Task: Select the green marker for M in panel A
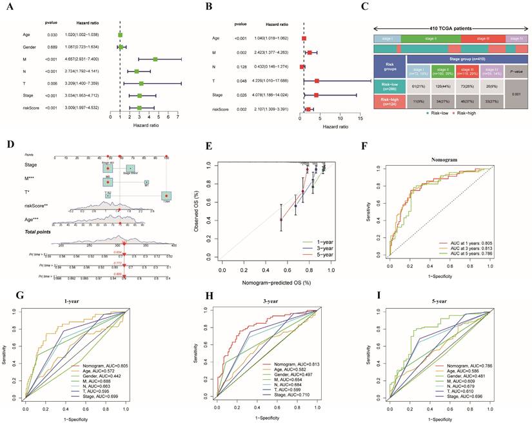(155, 59)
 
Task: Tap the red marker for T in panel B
(317, 81)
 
